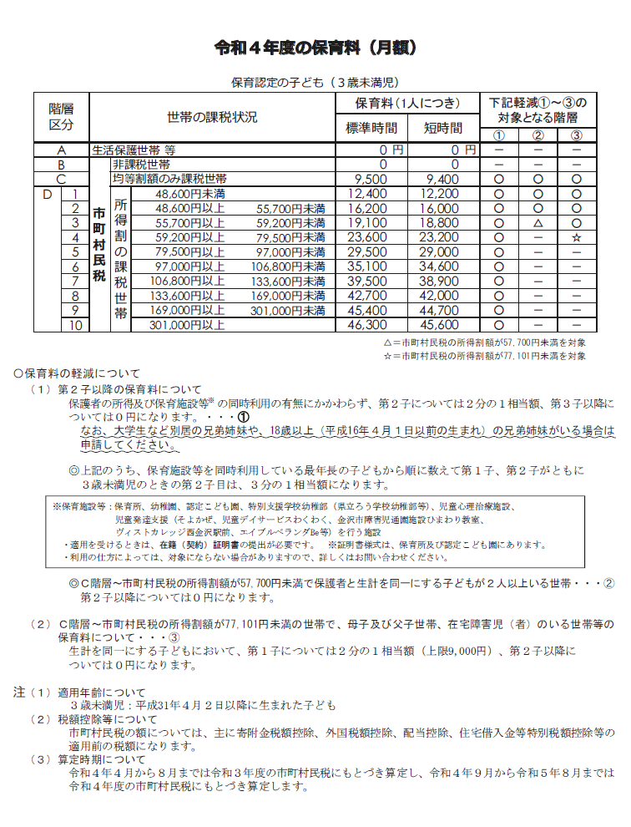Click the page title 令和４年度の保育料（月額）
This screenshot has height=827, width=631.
[x=315, y=48]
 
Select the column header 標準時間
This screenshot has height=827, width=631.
[x=371, y=129]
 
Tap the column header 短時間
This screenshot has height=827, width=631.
[x=442, y=129]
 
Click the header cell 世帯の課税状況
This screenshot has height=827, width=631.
[x=212, y=116]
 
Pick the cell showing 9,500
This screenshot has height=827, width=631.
[x=371, y=179]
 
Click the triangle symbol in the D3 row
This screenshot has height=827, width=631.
[x=538, y=223]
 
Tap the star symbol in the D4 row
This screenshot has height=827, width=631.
[x=577, y=237]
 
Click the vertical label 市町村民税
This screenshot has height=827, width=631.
[x=99, y=251]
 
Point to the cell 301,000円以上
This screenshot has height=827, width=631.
[x=188, y=325]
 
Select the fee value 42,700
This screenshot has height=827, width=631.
[x=371, y=296]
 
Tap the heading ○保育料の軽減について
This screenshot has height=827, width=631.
[x=77, y=373]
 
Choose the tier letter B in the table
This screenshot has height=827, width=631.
[x=61, y=165]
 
